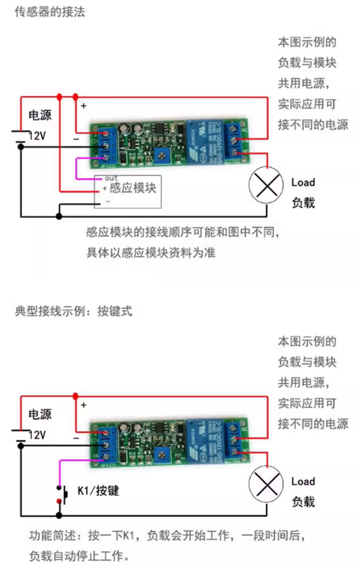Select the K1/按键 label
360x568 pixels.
pos(98,490)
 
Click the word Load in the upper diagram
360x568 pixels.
pos(303,182)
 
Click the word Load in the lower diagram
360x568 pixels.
pos(303,482)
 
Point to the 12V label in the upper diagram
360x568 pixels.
pos(37,136)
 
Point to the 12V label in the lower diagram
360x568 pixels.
pos(37,435)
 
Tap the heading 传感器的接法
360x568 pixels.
pos(50,12)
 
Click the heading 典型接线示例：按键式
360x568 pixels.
pos(73,311)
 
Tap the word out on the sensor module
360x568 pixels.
pos(111,178)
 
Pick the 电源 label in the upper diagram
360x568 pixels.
pos(40,115)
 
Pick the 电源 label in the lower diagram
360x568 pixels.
pos(40,414)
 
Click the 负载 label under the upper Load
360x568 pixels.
pos(303,202)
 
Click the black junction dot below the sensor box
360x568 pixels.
pos(59,216)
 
